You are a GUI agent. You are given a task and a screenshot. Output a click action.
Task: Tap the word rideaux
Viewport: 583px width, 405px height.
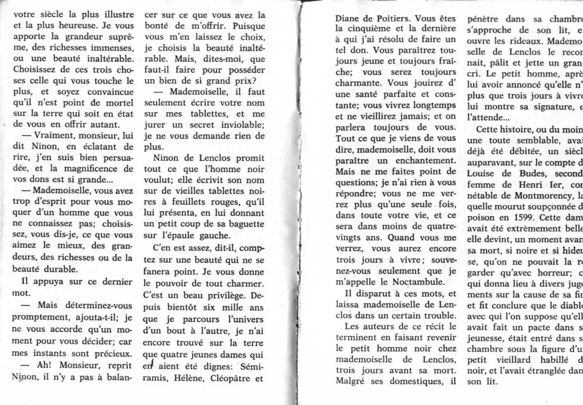click(516, 42)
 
